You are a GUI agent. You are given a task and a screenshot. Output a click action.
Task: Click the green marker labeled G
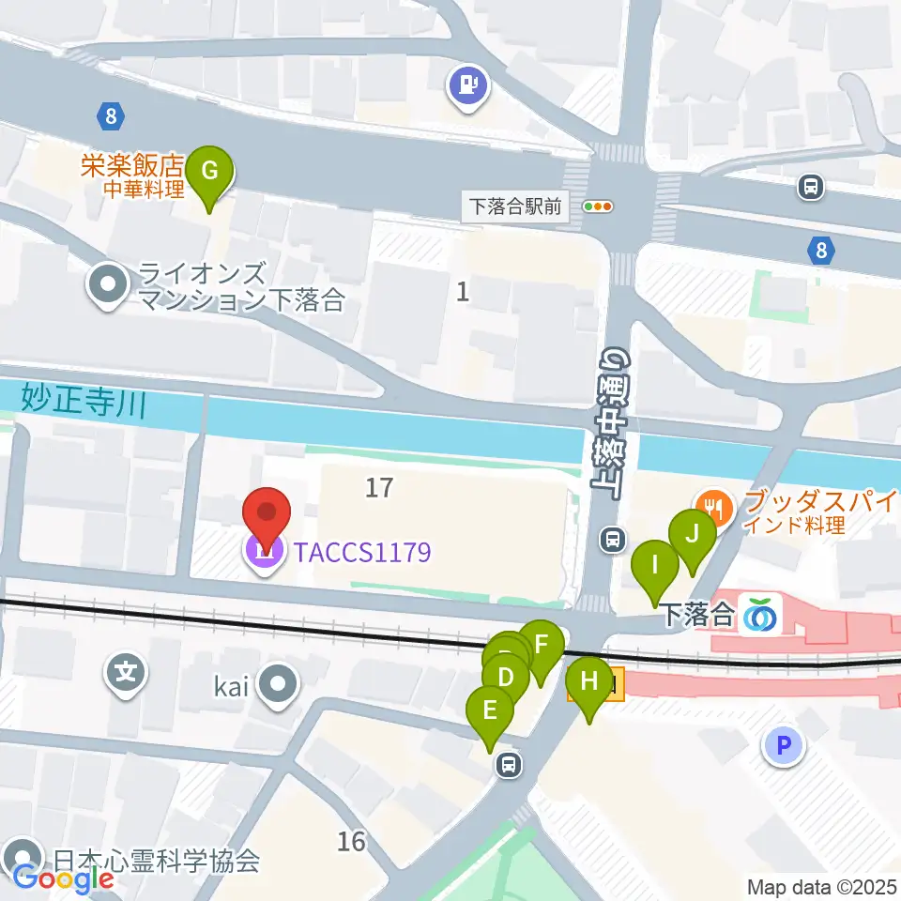pyautogui.click(x=210, y=172)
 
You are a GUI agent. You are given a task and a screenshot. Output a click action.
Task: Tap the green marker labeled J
pyautogui.click(x=692, y=535)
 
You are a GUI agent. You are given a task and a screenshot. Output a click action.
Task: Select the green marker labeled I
pyautogui.click(x=655, y=566)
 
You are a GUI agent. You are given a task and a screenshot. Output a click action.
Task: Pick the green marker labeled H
pyautogui.click(x=589, y=680)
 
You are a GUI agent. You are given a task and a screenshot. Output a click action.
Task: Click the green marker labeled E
pyautogui.click(x=490, y=710)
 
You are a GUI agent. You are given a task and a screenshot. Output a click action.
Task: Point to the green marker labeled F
pyautogui.click(x=541, y=645)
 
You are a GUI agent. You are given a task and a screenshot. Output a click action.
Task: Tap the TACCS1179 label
pyautogui.click(x=361, y=552)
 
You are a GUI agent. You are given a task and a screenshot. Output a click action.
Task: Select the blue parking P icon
pyautogui.click(x=785, y=746)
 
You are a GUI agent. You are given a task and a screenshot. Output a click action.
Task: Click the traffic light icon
pyautogui.click(x=597, y=206)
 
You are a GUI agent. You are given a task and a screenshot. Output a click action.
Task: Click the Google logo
pyautogui.click(x=63, y=878)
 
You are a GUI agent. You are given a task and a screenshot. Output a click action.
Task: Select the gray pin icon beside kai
pyautogui.click(x=278, y=683)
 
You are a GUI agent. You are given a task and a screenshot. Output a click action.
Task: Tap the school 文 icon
pyautogui.click(x=126, y=672)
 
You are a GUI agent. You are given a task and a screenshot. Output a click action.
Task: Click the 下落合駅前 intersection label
pyautogui.click(x=516, y=206)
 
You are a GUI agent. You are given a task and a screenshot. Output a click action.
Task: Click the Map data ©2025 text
pyautogui.click(x=822, y=886)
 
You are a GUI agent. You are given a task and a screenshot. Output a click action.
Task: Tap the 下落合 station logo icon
pyautogui.click(x=759, y=616)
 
